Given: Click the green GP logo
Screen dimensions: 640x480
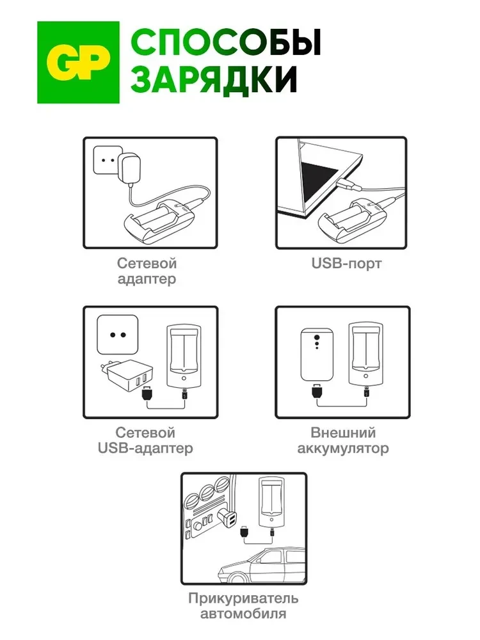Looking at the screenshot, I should (x=78, y=62).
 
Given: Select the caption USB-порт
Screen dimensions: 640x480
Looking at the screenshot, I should (x=346, y=263).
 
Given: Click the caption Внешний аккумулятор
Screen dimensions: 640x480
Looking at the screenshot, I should (x=342, y=441).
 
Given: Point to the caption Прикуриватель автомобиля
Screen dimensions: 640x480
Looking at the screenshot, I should (x=243, y=607).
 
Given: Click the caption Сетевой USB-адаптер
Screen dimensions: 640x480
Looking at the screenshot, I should (x=145, y=441).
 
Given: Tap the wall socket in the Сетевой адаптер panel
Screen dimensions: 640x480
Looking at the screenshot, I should (x=107, y=160).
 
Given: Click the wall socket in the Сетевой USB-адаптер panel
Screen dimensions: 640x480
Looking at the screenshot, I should (x=117, y=335).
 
